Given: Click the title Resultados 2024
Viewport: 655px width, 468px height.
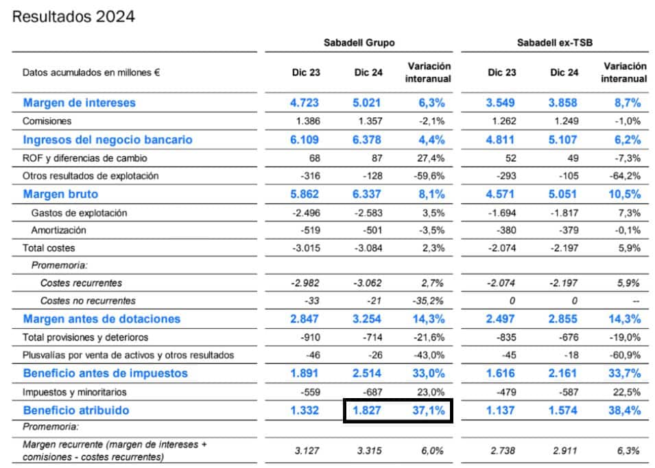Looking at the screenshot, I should click(x=73, y=16).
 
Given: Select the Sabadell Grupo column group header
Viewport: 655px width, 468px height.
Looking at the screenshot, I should click(x=359, y=42).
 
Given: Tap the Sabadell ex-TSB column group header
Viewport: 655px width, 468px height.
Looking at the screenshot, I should click(x=555, y=42).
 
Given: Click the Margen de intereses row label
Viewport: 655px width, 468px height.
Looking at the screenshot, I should click(x=80, y=103).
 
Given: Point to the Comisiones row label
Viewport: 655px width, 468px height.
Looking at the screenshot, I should click(x=47, y=121).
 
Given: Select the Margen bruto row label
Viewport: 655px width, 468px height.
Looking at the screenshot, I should click(x=60, y=194).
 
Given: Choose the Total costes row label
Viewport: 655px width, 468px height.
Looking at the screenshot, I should click(x=49, y=248).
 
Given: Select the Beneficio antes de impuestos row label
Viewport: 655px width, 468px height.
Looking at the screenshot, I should click(x=105, y=373).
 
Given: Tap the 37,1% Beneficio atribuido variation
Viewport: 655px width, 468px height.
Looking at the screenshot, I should click(x=429, y=410).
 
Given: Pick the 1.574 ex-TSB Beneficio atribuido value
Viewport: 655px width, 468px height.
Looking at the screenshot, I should click(x=563, y=410).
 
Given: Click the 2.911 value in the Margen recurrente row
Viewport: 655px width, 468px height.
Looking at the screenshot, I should click(x=563, y=451).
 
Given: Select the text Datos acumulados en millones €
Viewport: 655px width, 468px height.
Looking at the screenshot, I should click(x=91, y=72).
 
